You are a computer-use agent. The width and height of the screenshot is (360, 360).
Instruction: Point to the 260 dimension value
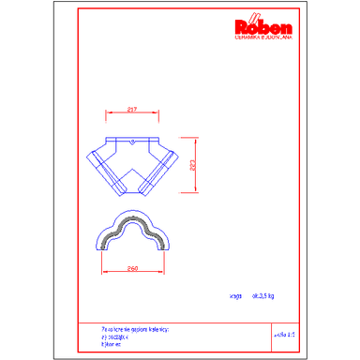point(133,268)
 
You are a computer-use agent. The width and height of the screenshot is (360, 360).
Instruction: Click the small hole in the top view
point(133,142)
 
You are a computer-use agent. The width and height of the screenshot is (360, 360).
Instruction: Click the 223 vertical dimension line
point(194,165)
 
